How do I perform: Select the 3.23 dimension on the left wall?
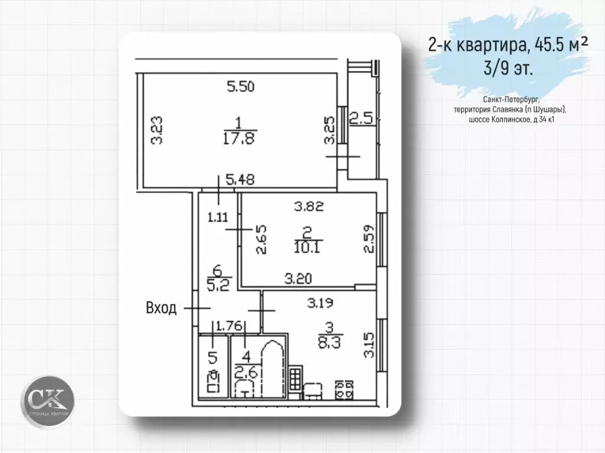coord(157,130)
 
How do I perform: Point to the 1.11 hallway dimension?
coord(218,216)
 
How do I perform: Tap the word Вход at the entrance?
coord(161,308)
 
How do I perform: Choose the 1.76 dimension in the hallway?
coord(227,325)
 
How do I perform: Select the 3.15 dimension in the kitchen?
coord(369,346)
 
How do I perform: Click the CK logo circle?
coord(48,399)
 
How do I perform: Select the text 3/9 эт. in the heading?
coord(508,67)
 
